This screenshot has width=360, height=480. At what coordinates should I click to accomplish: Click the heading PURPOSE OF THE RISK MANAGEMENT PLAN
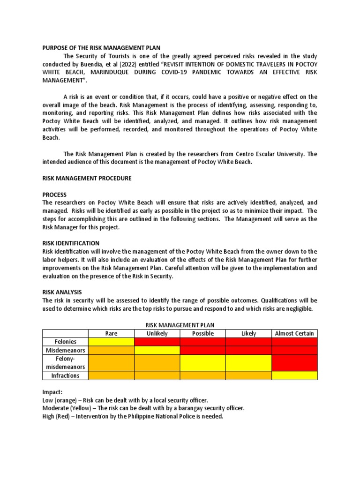102,47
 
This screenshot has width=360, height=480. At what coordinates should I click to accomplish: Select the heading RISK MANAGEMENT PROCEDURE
87,178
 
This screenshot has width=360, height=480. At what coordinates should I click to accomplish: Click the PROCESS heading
55,195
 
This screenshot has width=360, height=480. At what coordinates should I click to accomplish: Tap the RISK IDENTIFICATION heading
71,243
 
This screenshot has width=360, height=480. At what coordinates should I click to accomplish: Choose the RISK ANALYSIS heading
62,292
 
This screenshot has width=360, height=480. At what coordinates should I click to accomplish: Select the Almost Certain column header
294,333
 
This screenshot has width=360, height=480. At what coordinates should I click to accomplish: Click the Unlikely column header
157,333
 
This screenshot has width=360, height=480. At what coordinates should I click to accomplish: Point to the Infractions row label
65,375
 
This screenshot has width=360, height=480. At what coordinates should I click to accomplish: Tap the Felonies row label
65,342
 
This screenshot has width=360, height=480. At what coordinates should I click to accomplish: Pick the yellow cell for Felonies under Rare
111,342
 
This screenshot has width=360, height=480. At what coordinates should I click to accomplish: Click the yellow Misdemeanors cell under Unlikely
157,350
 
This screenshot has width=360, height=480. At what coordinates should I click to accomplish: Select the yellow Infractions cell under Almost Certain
294,375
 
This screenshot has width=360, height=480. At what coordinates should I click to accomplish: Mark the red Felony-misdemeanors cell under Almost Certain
294,363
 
